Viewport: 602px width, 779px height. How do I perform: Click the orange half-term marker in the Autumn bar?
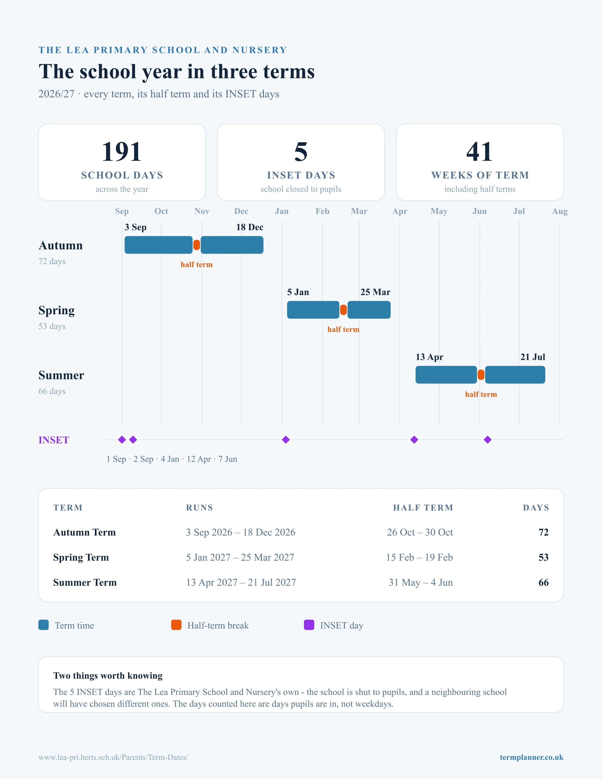(x=196, y=245)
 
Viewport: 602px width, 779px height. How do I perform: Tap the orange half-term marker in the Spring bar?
(x=343, y=310)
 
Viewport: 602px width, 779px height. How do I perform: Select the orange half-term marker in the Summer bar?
(x=481, y=375)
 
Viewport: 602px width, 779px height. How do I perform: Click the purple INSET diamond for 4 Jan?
(x=286, y=440)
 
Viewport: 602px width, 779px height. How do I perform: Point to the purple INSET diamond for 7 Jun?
(x=487, y=440)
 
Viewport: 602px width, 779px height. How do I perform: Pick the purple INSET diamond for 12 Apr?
(x=414, y=440)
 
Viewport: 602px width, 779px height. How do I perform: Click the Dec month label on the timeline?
(x=241, y=211)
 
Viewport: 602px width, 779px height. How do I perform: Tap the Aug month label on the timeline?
(x=560, y=211)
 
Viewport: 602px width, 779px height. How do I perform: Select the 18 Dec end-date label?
(x=250, y=227)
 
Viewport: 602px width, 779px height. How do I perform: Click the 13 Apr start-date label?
(x=429, y=357)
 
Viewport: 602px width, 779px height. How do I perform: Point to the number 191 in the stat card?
(x=122, y=152)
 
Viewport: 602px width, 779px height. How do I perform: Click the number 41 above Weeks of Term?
(x=480, y=152)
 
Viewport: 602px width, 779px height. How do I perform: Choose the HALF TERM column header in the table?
(x=423, y=508)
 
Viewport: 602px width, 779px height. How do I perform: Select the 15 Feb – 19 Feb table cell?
(x=419, y=557)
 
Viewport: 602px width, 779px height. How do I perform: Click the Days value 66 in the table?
(x=544, y=583)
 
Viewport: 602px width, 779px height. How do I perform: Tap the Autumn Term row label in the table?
(x=85, y=532)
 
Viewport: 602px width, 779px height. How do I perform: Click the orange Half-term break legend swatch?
(x=176, y=625)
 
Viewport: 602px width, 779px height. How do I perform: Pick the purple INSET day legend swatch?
(x=309, y=625)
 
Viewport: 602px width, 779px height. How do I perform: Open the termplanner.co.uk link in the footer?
(x=531, y=757)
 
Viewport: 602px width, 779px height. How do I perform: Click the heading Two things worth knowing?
(x=108, y=676)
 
